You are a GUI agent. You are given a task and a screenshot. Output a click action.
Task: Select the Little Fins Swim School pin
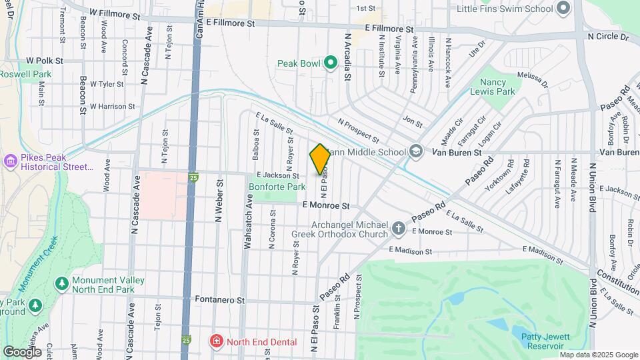click(563, 9)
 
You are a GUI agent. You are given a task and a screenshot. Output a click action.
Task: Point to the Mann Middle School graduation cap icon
click(416, 152)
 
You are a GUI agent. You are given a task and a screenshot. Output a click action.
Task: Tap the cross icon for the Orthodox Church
click(398, 229)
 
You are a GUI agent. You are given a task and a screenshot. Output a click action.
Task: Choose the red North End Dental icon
click(216, 342)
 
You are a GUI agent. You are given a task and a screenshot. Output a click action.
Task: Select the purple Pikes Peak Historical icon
click(10, 161)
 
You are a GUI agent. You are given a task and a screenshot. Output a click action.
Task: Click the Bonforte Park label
click(277, 187)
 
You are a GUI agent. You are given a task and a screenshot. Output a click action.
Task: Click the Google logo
click(22, 351)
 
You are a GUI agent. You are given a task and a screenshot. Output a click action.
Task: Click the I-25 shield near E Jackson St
click(193, 177)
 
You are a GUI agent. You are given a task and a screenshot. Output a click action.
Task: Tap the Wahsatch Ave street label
click(247, 228)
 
